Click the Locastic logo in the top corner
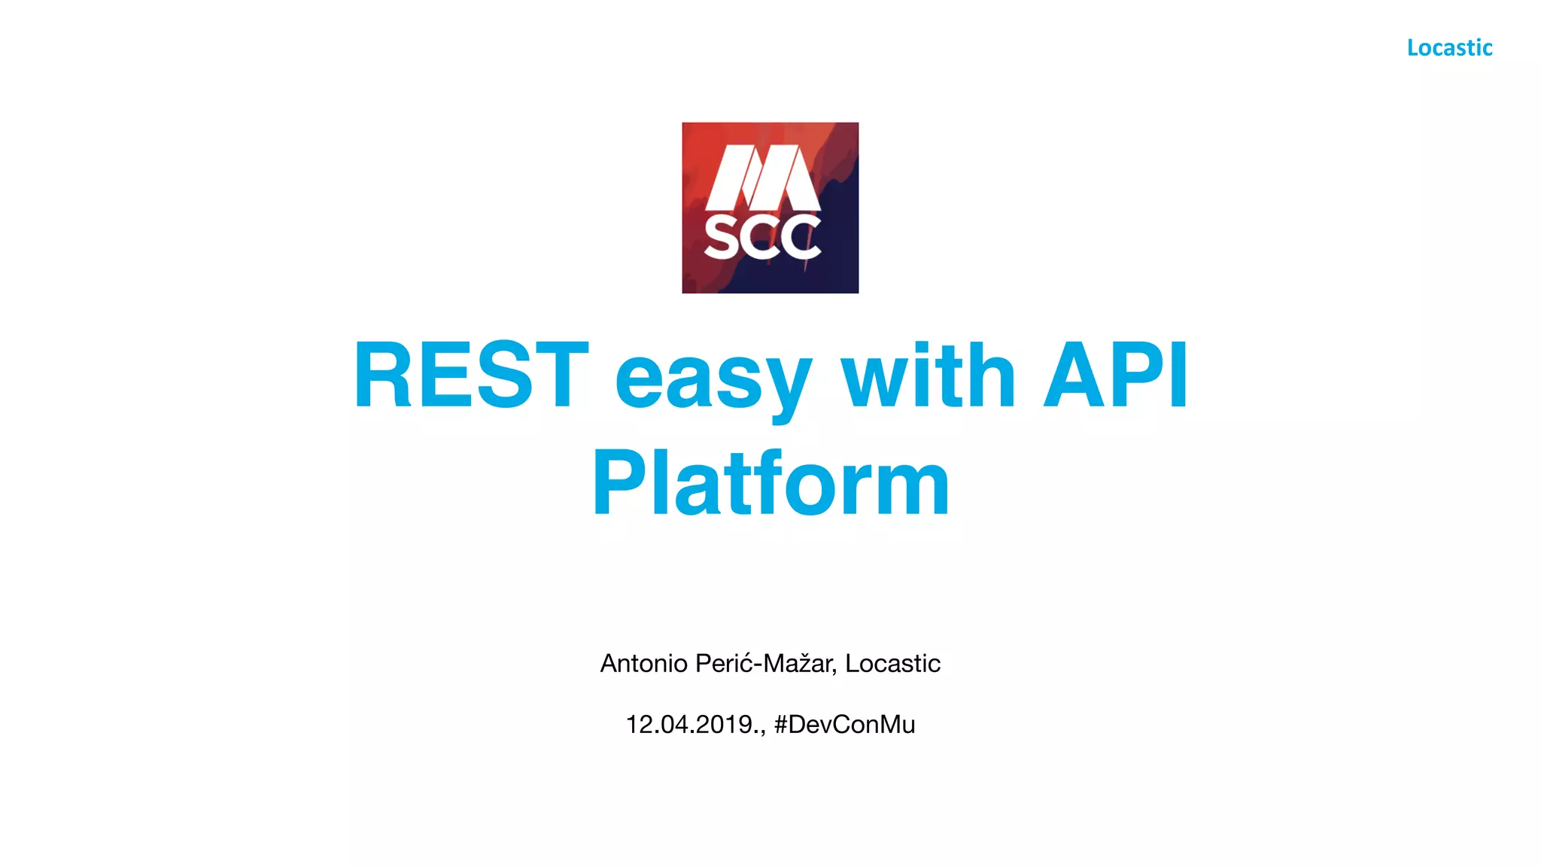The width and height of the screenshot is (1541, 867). [1449, 47]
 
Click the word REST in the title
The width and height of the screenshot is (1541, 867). [470, 375]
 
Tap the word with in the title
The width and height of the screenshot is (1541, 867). [928, 375]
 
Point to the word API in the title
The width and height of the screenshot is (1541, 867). [1116, 375]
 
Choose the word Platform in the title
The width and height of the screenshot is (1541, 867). [770, 482]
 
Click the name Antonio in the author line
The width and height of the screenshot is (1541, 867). [643, 663]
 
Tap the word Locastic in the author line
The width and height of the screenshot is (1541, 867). [892, 663]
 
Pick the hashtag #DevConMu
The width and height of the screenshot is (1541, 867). [844, 724]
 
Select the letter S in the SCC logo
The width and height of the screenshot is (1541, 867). [723, 238]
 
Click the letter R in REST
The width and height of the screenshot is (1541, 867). [384, 375]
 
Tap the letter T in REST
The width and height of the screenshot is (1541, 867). [556, 375]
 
